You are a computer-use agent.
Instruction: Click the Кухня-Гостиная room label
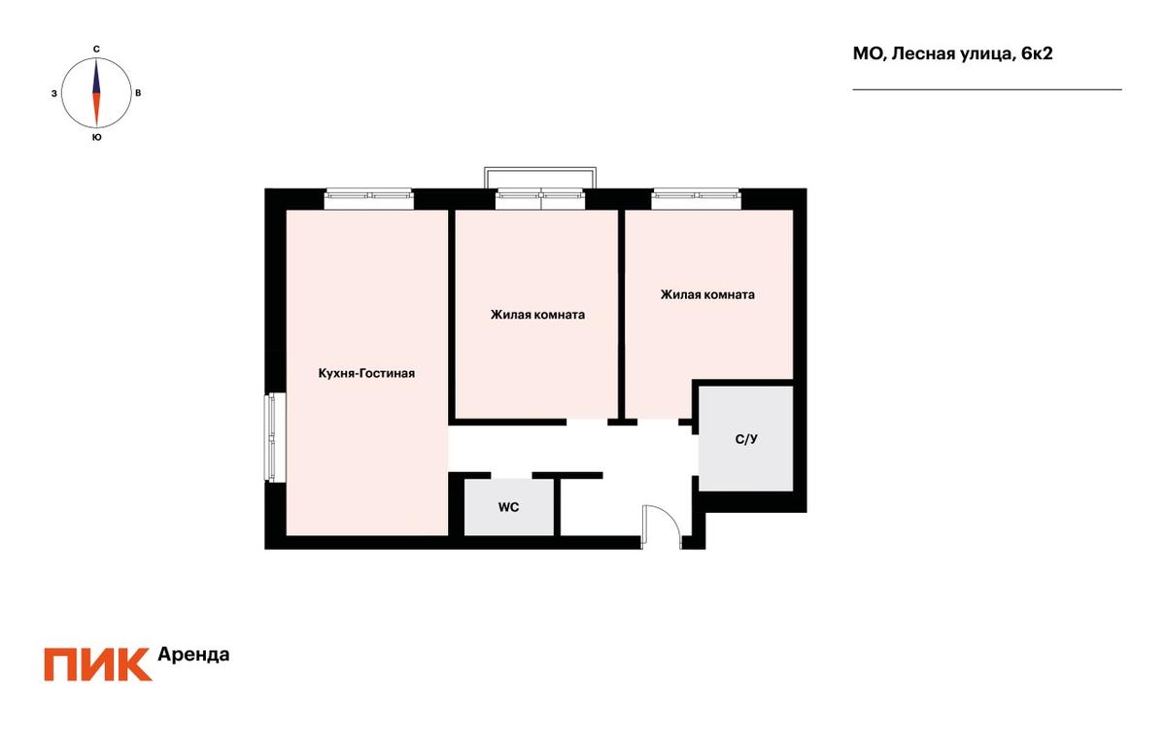[x=366, y=373]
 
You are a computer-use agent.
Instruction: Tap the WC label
[x=508, y=507]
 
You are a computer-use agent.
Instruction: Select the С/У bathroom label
[x=746, y=439]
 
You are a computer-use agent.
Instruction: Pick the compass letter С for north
[x=96, y=50]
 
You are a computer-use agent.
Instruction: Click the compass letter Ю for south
[x=96, y=137]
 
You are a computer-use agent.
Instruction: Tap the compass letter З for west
[x=54, y=93]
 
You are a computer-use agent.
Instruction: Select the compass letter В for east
[x=138, y=93]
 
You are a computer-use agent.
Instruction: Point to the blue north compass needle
[x=96, y=77]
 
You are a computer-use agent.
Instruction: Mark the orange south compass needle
[x=96, y=110]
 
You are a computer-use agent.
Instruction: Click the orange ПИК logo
[x=98, y=664]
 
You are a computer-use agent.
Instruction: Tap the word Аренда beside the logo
[x=193, y=655]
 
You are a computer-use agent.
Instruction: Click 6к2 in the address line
[x=1037, y=53]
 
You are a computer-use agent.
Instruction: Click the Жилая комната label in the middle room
[x=537, y=315]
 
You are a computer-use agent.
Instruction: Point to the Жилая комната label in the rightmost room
[x=707, y=294]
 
